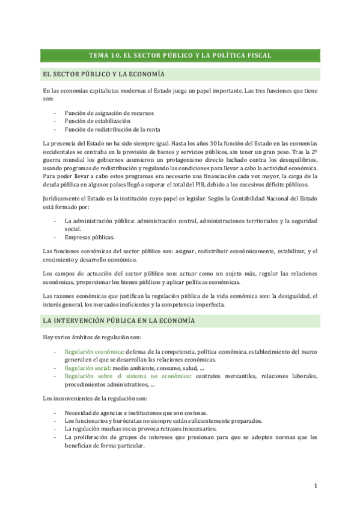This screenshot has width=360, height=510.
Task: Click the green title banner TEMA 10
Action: (180, 55)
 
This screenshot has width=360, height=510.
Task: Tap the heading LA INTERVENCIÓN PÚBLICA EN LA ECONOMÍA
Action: (119, 321)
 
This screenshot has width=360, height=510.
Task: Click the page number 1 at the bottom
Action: (316, 485)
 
